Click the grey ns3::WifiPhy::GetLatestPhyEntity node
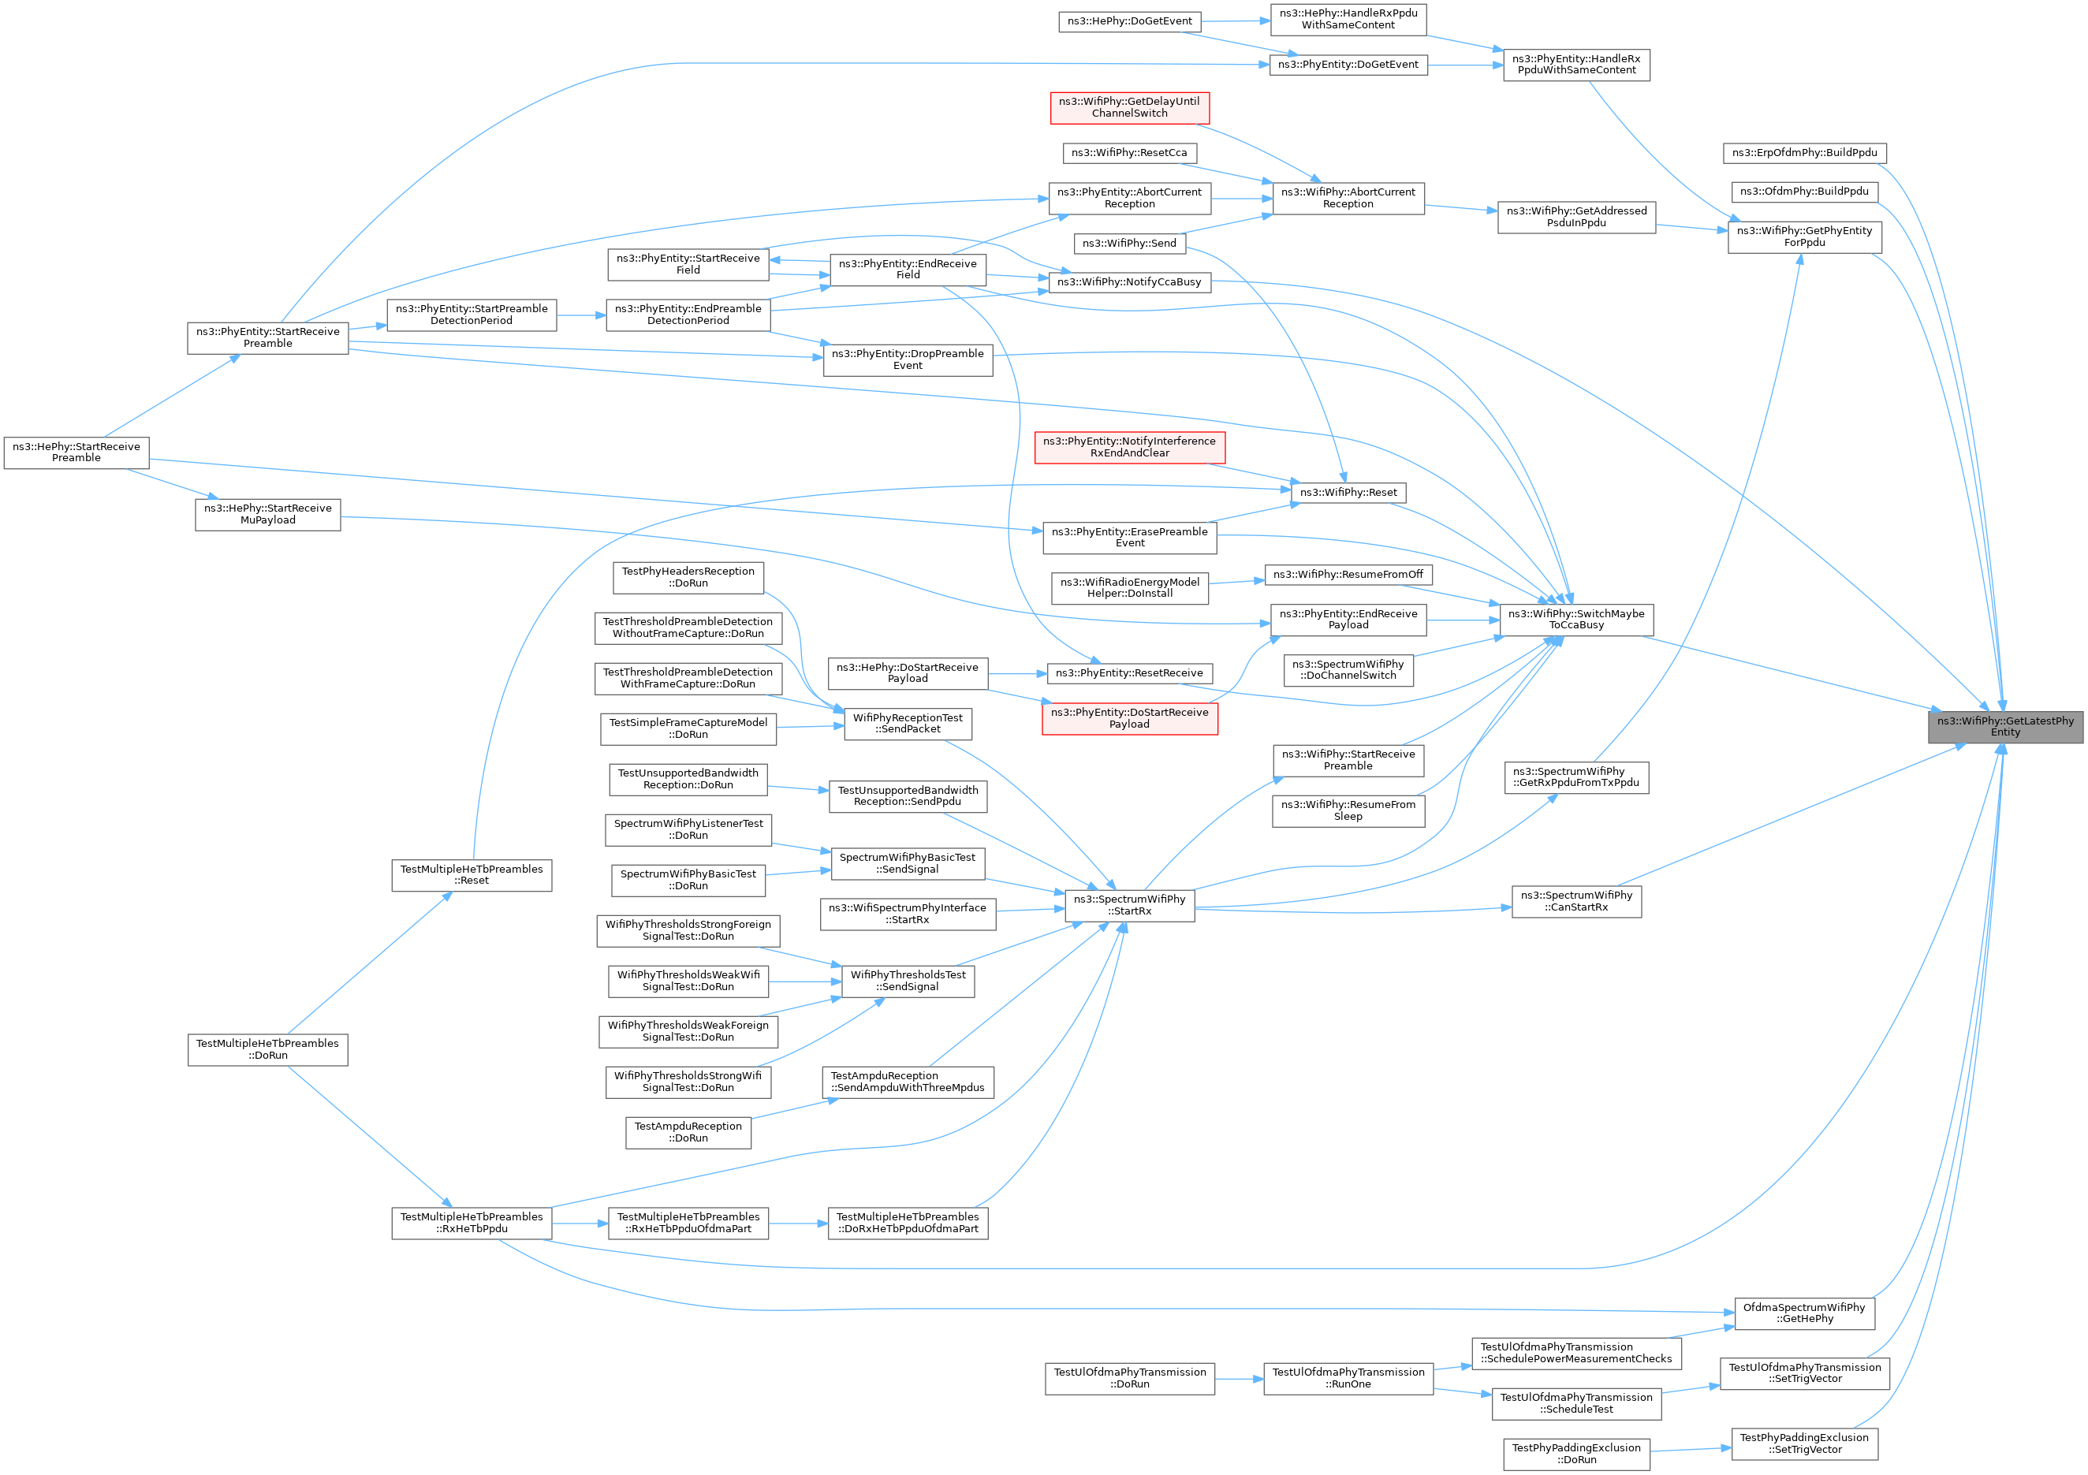(x=2005, y=727)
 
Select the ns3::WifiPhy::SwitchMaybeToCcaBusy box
(x=1576, y=620)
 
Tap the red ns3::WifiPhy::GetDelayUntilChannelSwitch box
(x=1129, y=107)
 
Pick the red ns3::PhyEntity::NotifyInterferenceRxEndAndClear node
(x=1129, y=446)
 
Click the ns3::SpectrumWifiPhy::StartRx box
(x=1129, y=905)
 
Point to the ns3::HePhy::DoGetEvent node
(x=1129, y=21)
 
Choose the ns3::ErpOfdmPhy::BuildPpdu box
(x=1804, y=153)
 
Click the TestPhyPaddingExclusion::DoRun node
(x=1576, y=1453)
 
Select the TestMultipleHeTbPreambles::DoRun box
(x=267, y=1049)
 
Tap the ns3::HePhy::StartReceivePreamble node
(x=76, y=452)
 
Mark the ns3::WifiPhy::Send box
(x=1129, y=243)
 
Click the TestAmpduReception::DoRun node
(x=688, y=1132)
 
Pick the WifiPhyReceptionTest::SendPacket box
(x=908, y=723)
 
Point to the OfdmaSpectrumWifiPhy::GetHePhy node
(x=1804, y=1313)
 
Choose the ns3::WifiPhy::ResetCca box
(x=1129, y=153)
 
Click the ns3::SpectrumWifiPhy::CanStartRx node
(x=1576, y=901)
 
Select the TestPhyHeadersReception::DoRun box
(x=688, y=577)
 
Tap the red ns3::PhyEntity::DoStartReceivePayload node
(x=1129, y=718)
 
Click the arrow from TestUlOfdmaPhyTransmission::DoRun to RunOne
(x=1240, y=1380)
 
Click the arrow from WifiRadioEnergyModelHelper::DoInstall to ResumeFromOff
(x=1237, y=582)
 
